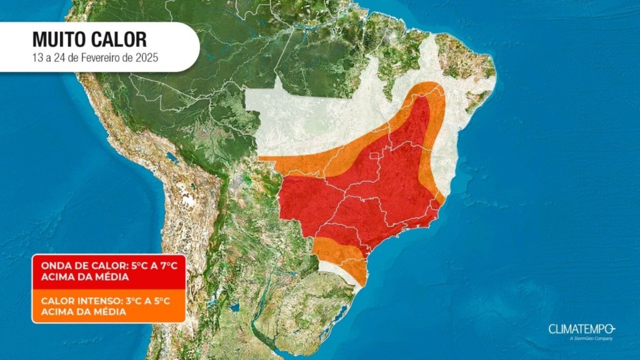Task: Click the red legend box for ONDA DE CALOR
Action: coord(109,271)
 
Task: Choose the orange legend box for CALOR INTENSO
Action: coord(109,306)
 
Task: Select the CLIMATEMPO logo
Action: coord(582,329)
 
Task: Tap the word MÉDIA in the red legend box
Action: coord(110,277)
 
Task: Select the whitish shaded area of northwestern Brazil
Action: coord(300,119)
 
